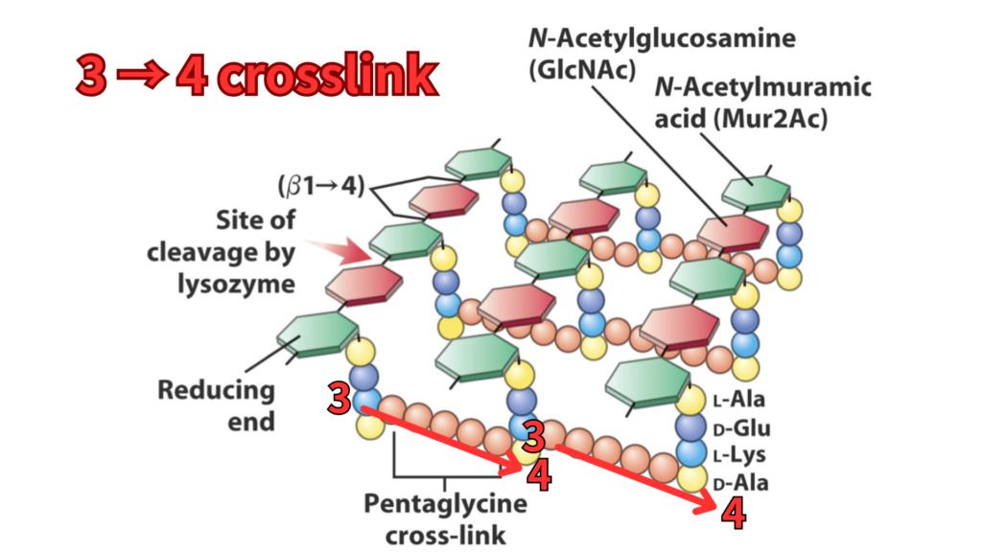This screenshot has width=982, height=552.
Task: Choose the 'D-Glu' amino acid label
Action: coord(741,428)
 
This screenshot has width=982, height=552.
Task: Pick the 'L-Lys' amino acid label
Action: coord(740,455)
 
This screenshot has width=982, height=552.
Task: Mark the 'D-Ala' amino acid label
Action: coord(740,482)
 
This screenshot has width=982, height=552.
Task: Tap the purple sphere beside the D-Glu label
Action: coord(690,427)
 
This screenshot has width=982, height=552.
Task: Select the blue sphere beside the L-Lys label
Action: coord(690,452)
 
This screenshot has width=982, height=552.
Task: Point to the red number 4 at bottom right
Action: coord(733,515)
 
